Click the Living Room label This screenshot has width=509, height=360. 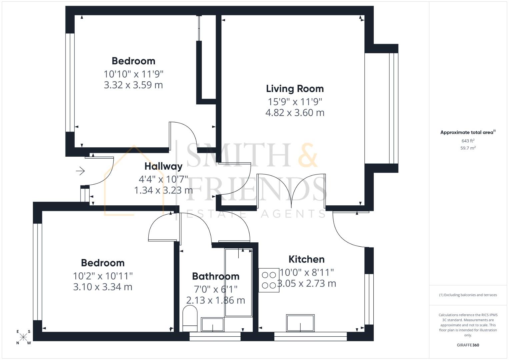295,89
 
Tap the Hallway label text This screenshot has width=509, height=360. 163,166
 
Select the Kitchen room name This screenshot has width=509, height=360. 306,259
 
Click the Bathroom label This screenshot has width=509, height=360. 216,276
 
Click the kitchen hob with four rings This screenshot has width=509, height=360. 269,280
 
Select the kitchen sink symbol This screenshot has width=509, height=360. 300,323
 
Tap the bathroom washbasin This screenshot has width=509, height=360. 213,324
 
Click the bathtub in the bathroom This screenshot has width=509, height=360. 238,283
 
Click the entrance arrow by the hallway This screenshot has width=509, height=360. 80,171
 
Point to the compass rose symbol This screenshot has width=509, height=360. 23,337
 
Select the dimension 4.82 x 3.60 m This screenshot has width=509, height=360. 295,113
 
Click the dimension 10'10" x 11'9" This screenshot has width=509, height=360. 133,74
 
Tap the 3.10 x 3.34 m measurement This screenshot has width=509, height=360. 103,287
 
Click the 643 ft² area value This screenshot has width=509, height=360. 468,141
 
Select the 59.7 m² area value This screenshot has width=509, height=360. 468,148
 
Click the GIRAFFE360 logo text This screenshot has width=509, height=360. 468,345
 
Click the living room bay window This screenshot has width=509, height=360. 393,108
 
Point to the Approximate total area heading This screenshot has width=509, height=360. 467,132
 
